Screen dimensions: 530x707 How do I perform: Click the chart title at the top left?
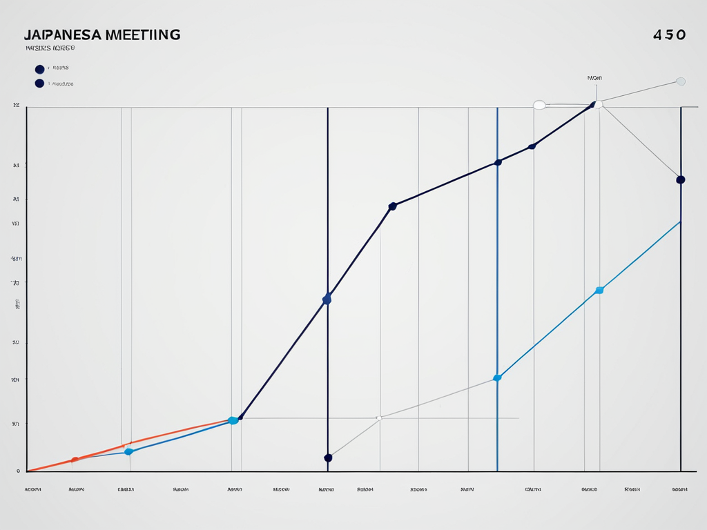[x=101, y=35]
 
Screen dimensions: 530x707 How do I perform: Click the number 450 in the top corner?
[x=669, y=35]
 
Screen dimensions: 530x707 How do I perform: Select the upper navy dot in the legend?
[x=39, y=69]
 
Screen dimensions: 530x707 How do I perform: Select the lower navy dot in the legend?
[x=39, y=84]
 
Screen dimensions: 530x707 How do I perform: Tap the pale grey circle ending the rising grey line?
[x=681, y=81]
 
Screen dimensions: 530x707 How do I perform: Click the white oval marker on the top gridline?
[x=539, y=105]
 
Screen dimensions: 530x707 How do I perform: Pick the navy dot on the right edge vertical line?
[x=681, y=179]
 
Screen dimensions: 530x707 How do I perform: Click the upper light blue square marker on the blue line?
[x=599, y=291]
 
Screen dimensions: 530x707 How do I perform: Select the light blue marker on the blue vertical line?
[x=497, y=377]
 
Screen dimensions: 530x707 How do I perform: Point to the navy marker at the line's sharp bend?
[x=392, y=206]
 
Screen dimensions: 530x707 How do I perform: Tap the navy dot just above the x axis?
[x=328, y=458]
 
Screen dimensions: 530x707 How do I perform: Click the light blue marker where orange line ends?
[x=233, y=420]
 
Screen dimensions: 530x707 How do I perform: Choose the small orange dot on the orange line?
[x=75, y=460]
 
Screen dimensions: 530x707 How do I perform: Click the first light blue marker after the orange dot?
[x=128, y=451]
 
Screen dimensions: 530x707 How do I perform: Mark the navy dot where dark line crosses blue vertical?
[x=498, y=163]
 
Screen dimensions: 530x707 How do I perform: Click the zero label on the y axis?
[x=17, y=471]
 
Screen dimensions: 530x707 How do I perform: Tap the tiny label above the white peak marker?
[x=594, y=79]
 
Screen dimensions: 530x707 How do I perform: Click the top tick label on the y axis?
[x=16, y=106]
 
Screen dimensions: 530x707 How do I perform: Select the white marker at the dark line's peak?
[x=598, y=104]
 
